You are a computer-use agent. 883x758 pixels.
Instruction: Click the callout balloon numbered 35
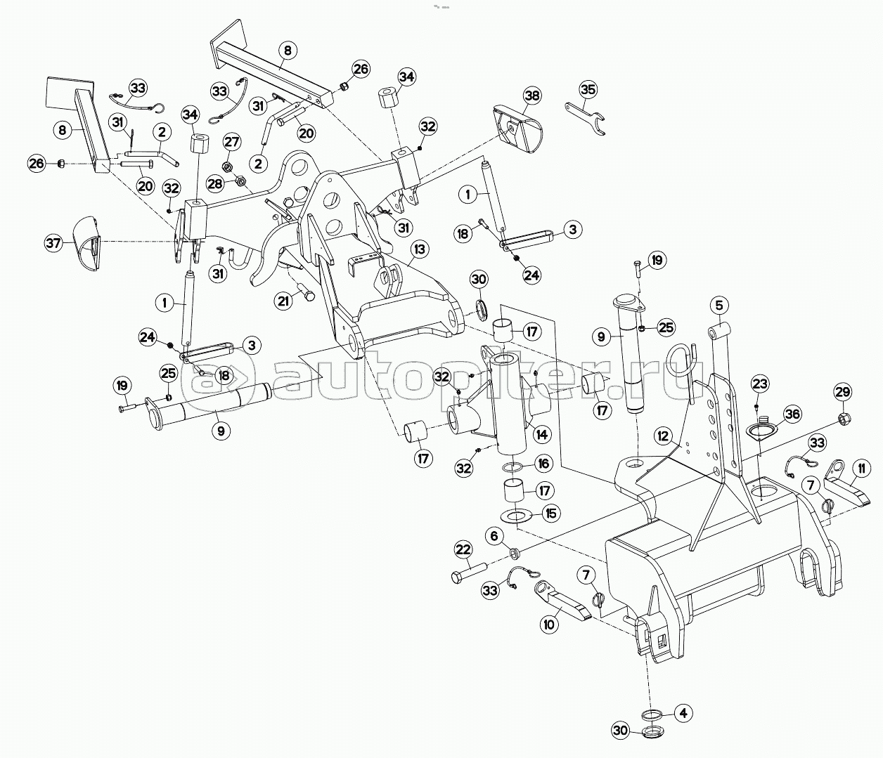click(x=588, y=90)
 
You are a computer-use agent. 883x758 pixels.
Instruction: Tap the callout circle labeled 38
click(x=531, y=95)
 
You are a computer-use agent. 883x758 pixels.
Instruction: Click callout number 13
click(x=420, y=249)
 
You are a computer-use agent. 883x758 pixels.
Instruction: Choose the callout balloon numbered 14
click(x=541, y=433)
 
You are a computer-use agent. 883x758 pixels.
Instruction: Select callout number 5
click(x=718, y=306)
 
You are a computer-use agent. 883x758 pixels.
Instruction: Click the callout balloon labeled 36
click(x=792, y=414)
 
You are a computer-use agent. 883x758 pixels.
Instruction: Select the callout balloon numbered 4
click(x=681, y=712)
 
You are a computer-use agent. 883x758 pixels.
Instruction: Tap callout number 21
click(x=283, y=301)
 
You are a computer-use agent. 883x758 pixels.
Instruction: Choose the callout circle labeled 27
click(x=231, y=141)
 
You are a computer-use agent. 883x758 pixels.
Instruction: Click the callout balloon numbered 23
click(x=760, y=384)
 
